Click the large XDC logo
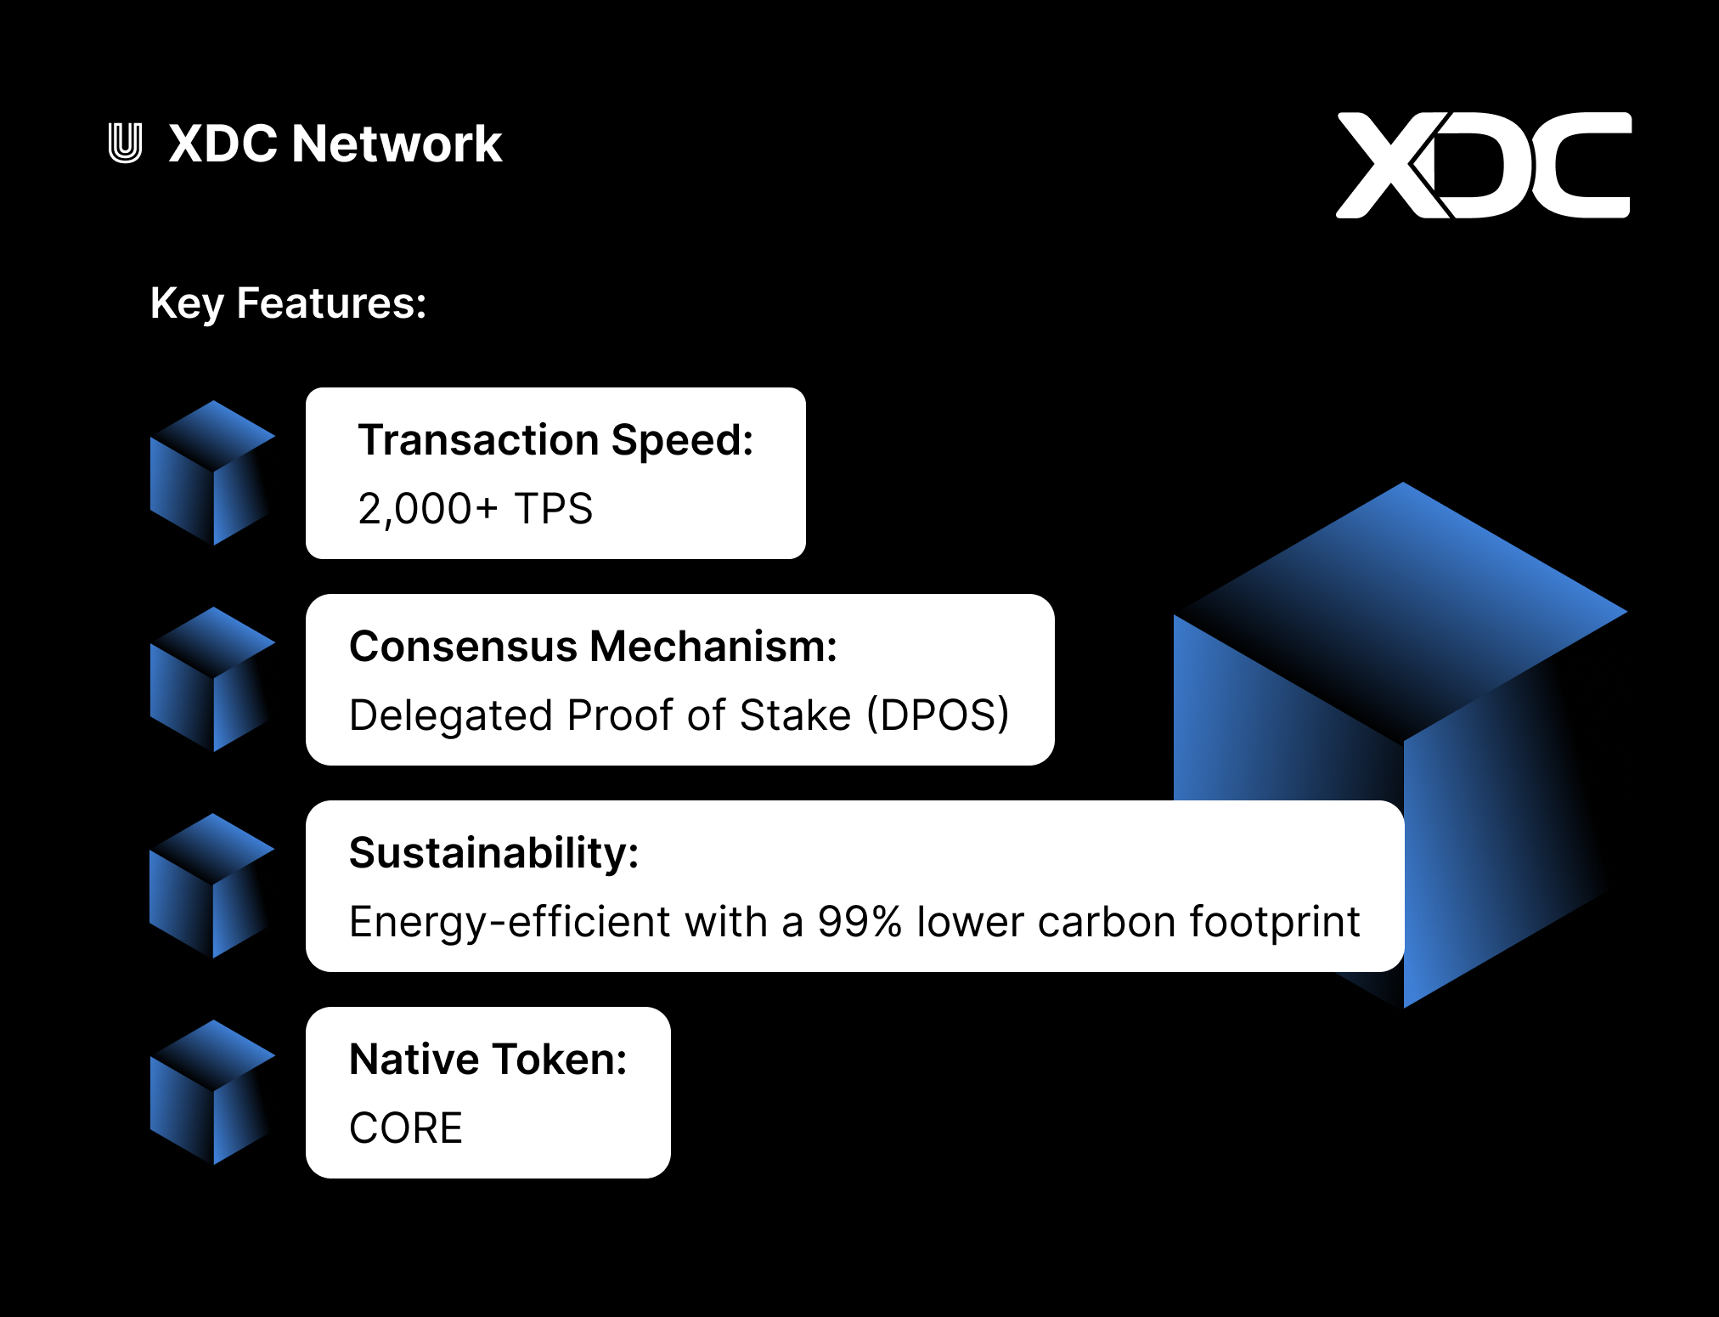[x=1483, y=165]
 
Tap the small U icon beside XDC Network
[x=126, y=143]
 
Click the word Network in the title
[x=397, y=143]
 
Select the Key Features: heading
[x=288, y=303]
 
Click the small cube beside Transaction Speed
[x=212, y=472]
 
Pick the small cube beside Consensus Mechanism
[x=212, y=679]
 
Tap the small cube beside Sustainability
[x=212, y=885]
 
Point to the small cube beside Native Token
[x=212, y=1092]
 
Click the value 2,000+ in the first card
[x=428, y=509]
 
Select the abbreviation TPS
[x=553, y=509]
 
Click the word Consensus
[x=464, y=647]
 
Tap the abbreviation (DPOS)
[x=938, y=715]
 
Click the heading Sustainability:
[x=493, y=853]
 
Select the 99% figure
[x=859, y=922]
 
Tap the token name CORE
[x=406, y=1128]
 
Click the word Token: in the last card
[x=561, y=1060]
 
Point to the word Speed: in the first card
[x=682, y=441]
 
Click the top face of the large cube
[x=1403, y=611]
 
